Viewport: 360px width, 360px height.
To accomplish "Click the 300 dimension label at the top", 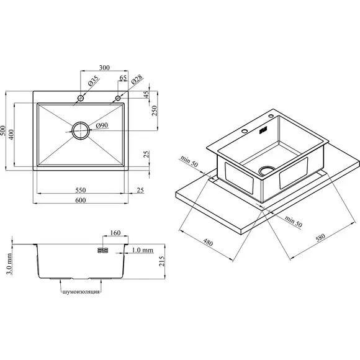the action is click(x=104, y=68).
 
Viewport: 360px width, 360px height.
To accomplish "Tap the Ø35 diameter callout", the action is click(x=94, y=81).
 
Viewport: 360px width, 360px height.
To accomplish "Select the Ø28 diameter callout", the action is click(x=137, y=79).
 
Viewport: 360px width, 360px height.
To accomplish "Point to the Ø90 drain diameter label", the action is click(x=102, y=125).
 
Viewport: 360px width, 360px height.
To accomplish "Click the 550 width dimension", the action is click(x=81, y=190).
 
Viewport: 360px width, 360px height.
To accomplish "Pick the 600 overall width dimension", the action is click(x=81, y=200).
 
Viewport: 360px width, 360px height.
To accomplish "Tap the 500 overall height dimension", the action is click(x=2, y=130).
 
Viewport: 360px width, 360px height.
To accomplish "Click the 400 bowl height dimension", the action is click(x=11, y=135).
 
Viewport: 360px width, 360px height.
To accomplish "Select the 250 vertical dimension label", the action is click(x=155, y=110).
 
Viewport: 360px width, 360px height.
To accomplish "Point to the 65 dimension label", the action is click(x=123, y=78).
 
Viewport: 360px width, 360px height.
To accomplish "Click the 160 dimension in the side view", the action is click(x=115, y=233).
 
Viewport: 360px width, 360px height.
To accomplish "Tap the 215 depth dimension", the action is click(x=162, y=261).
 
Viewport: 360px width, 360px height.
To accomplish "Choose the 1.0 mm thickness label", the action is click(x=143, y=250).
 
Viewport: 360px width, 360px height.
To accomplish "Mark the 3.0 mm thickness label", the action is click(x=9, y=264).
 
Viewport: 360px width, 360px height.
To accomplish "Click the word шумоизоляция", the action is click(x=81, y=292).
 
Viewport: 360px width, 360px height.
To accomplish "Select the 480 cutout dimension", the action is click(x=208, y=242).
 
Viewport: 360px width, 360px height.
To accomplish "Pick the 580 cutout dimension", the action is click(x=320, y=238).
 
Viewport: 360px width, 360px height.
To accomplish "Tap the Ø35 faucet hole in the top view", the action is click(x=81, y=98).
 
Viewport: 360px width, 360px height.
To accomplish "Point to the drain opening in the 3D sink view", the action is click(x=267, y=170).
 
